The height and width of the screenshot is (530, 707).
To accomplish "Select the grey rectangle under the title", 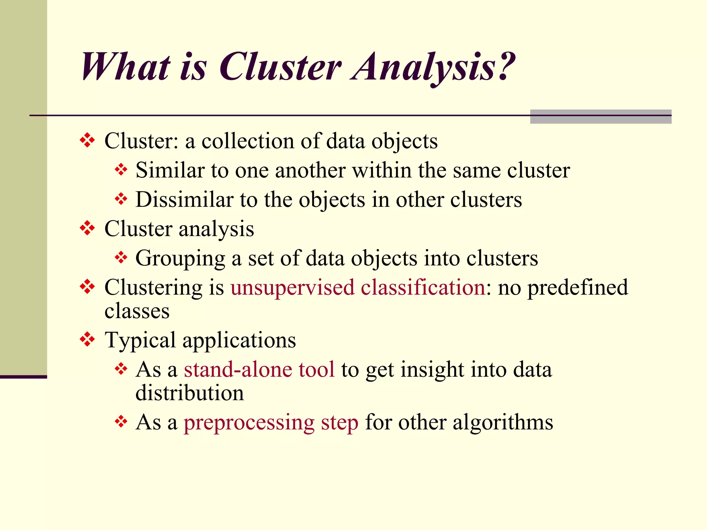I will [600, 117].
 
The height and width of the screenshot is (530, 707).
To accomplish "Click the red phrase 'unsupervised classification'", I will [358, 287].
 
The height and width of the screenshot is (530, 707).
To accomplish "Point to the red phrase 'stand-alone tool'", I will [259, 369].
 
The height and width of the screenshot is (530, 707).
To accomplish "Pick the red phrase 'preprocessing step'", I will [271, 422].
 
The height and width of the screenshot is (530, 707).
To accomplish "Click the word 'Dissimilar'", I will [184, 199].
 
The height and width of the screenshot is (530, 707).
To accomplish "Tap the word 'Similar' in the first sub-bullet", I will [170, 170].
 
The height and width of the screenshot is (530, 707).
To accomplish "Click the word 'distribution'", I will [190, 393].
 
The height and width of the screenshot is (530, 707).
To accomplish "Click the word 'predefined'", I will [578, 287].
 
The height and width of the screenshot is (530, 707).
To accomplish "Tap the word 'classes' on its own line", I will [137, 311].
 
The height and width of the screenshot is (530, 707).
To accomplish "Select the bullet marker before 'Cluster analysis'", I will [87, 228].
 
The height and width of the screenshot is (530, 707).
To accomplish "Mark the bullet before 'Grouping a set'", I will [121, 257].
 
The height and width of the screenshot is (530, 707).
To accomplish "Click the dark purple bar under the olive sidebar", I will [23, 377].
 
